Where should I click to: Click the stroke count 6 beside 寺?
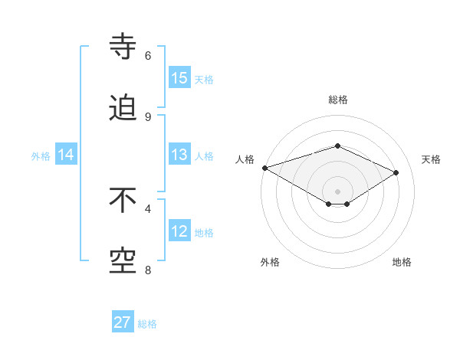point(148,55)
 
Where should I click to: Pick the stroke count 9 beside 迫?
point(148,116)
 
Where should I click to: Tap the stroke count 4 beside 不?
point(148,208)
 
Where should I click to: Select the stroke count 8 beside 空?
point(148,270)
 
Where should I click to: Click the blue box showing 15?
point(179,78)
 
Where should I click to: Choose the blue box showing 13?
point(179,155)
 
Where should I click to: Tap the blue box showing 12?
point(179,231)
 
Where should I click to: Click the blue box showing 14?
point(66,155)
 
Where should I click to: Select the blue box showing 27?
point(123,322)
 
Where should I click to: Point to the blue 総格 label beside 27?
point(147,324)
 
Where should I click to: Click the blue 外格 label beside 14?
point(41,156)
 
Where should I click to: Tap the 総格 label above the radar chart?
point(337,100)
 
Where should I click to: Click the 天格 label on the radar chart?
point(431,159)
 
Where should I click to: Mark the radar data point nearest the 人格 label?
point(264,168)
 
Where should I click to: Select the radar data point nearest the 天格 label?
point(396,172)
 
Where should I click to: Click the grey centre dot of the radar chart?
point(337,191)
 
